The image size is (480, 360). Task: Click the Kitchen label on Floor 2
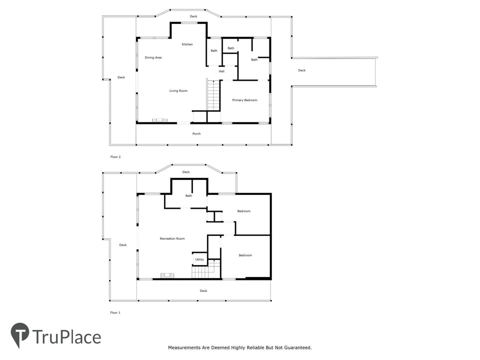(187, 44)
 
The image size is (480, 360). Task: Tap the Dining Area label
(153, 57)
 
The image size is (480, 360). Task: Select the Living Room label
(178, 91)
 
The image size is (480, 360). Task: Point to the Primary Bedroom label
(244, 100)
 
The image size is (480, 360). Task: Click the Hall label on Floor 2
(221, 71)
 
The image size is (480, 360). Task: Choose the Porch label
(196, 134)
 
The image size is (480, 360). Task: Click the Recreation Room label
(172, 239)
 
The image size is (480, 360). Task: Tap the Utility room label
(199, 259)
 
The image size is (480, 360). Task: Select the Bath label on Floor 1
(188, 196)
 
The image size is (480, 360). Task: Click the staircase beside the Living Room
(213, 95)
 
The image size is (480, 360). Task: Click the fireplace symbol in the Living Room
(160, 120)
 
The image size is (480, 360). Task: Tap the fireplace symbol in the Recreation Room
(167, 275)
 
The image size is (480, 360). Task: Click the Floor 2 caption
(115, 157)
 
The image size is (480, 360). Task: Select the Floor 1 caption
(115, 313)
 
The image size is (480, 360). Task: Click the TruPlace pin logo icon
(20, 335)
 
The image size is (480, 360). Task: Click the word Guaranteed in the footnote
(298, 348)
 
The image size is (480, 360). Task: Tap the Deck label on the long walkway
(302, 70)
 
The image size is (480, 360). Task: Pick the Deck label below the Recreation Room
(203, 291)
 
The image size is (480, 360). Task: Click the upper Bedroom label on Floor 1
(244, 211)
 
